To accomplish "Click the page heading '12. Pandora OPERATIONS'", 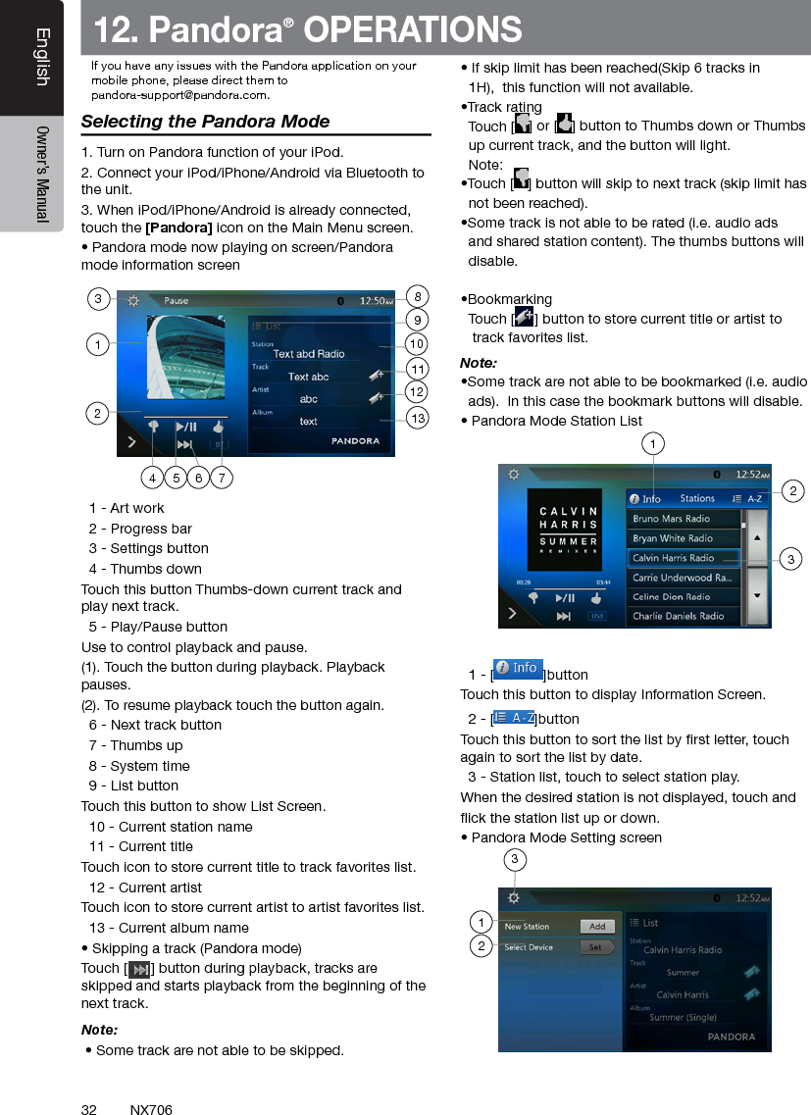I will click(307, 30).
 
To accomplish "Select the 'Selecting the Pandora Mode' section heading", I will click(205, 122).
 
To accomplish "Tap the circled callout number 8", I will click(418, 296).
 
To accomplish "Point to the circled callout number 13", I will click(418, 420).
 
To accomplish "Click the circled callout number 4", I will click(151, 479).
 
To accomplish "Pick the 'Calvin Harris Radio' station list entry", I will click(674, 558).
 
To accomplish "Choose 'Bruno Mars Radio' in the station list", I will click(672, 519).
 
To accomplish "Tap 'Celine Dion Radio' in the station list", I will click(672, 596).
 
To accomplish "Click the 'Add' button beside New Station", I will click(597, 927).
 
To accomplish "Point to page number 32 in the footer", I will click(88, 1110).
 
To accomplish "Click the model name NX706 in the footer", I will click(151, 1110).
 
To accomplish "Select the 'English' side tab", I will click(41, 57).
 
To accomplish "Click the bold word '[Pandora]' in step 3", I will click(178, 228).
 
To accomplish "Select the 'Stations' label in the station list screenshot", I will click(697, 499).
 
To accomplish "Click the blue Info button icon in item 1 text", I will click(518, 669).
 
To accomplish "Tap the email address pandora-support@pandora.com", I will click(180, 96).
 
